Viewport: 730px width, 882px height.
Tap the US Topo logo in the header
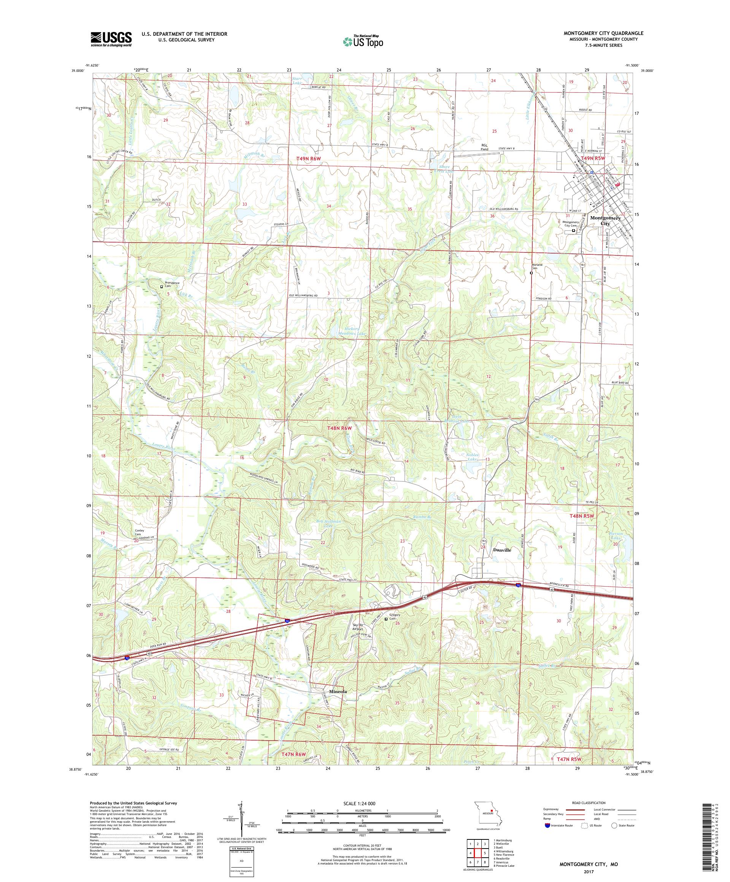click(363, 41)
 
